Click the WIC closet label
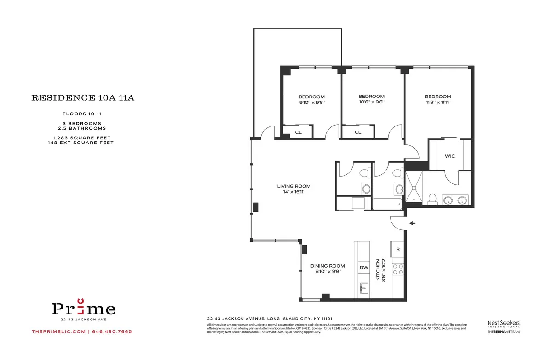pyautogui.click(x=449, y=156)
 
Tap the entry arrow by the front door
pyautogui.click(x=413, y=223)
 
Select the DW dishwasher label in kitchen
pyautogui.click(x=363, y=267)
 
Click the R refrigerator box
pyautogui.click(x=398, y=250)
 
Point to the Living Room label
pyautogui.click(x=293, y=186)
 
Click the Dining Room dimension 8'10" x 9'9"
pyautogui.click(x=328, y=272)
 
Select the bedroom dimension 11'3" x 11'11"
pyautogui.click(x=437, y=103)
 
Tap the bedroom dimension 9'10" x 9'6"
pyautogui.click(x=311, y=103)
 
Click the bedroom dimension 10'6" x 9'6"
pyautogui.click(x=371, y=103)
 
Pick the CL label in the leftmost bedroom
pyautogui.click(x=298, y=132)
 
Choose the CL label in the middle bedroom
pyautogui.click(x=358, y=132)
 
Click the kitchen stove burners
pyautogui.click(x=398, y=269)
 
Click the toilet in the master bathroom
pyautogui.click(x=431, y=198)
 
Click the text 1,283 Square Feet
pyautogui.click(x=80, y=137)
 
